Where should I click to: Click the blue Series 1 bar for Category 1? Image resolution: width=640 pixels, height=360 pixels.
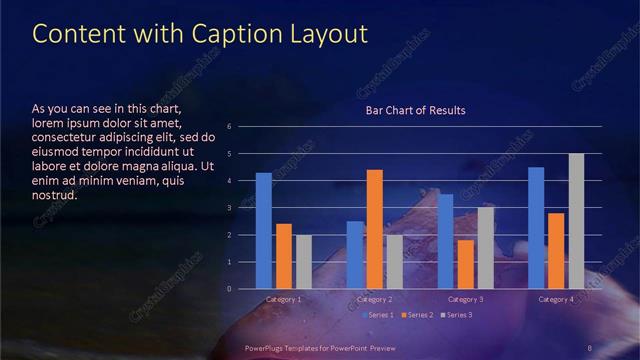pos(264,231)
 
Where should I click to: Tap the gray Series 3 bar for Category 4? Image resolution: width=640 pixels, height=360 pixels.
pos(576,221)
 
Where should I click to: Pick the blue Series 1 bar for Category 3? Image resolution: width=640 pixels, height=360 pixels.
pos(445,241)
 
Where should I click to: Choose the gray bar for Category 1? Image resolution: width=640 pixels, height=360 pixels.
pos(304,262)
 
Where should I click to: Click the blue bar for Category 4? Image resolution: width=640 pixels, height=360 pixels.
pos(536,228)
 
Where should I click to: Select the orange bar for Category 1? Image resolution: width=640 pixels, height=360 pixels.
pos(284,256)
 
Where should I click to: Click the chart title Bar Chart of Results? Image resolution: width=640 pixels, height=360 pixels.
pos(414,110)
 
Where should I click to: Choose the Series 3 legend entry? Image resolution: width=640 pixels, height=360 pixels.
pos(456,315)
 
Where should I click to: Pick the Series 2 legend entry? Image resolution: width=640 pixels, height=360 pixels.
pos(418,315)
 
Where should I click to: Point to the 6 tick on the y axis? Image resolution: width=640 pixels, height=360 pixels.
pos(229,127)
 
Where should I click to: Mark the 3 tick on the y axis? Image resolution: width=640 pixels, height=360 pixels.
pos(229,208)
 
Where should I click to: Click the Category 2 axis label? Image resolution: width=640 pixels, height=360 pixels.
pos(374,299)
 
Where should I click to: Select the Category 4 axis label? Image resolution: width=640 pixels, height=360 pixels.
pos(556,299)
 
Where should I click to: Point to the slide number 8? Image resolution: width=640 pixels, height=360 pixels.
pos(590,347)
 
